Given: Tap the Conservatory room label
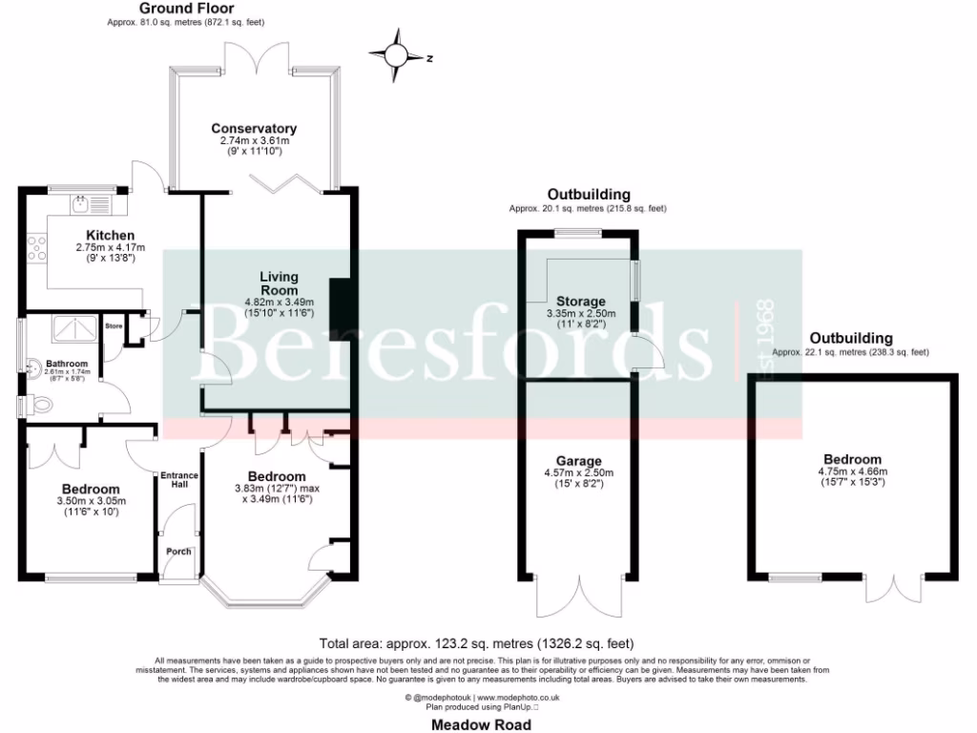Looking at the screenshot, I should [x=254, y=129].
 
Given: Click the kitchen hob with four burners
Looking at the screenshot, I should [x=39, y=249].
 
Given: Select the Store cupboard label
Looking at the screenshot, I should [x=114, y=326].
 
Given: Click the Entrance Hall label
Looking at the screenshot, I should [x=177, y=478].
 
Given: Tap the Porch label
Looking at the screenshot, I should [x=178, y=552].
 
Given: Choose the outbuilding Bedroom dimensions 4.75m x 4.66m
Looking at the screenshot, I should [x=853, y=471].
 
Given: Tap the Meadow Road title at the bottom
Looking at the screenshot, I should [x=482, y=724].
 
